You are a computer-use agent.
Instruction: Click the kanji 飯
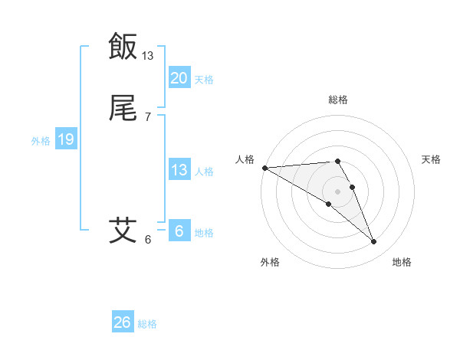click(x=123, y=46)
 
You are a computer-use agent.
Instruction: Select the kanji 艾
click(x=123, y=229)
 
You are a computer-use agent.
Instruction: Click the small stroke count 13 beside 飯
click(x=148, y=56)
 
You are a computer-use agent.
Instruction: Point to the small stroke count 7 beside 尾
click(x=148, y=117)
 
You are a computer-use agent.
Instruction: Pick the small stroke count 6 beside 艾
click(x=148, y=239)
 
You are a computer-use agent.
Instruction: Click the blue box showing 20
click(x=179, y=78)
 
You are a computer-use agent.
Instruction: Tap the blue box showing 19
click(x=65, y=139)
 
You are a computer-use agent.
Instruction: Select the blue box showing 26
click(x=122, y=322)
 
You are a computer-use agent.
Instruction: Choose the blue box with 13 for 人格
click(x=179, y=170)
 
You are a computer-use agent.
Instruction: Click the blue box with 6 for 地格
click(x=179, y=231)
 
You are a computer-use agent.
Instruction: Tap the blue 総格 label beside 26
click(x=147, y=324)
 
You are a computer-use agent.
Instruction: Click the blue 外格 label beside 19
click(x=41, y=141)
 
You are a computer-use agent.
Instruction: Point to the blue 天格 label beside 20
click(x=204, y=80)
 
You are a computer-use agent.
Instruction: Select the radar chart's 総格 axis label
click(x=338, y=100)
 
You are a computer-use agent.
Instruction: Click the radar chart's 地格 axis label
click(x=402, y=262)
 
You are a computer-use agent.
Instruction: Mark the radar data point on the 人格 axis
click(x=264, y=168)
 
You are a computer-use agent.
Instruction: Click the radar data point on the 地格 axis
click(x=373, y=242)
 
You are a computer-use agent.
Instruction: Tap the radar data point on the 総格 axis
click(x=337, y=161)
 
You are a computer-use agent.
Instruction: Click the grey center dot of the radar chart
click(x=337, y=191)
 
